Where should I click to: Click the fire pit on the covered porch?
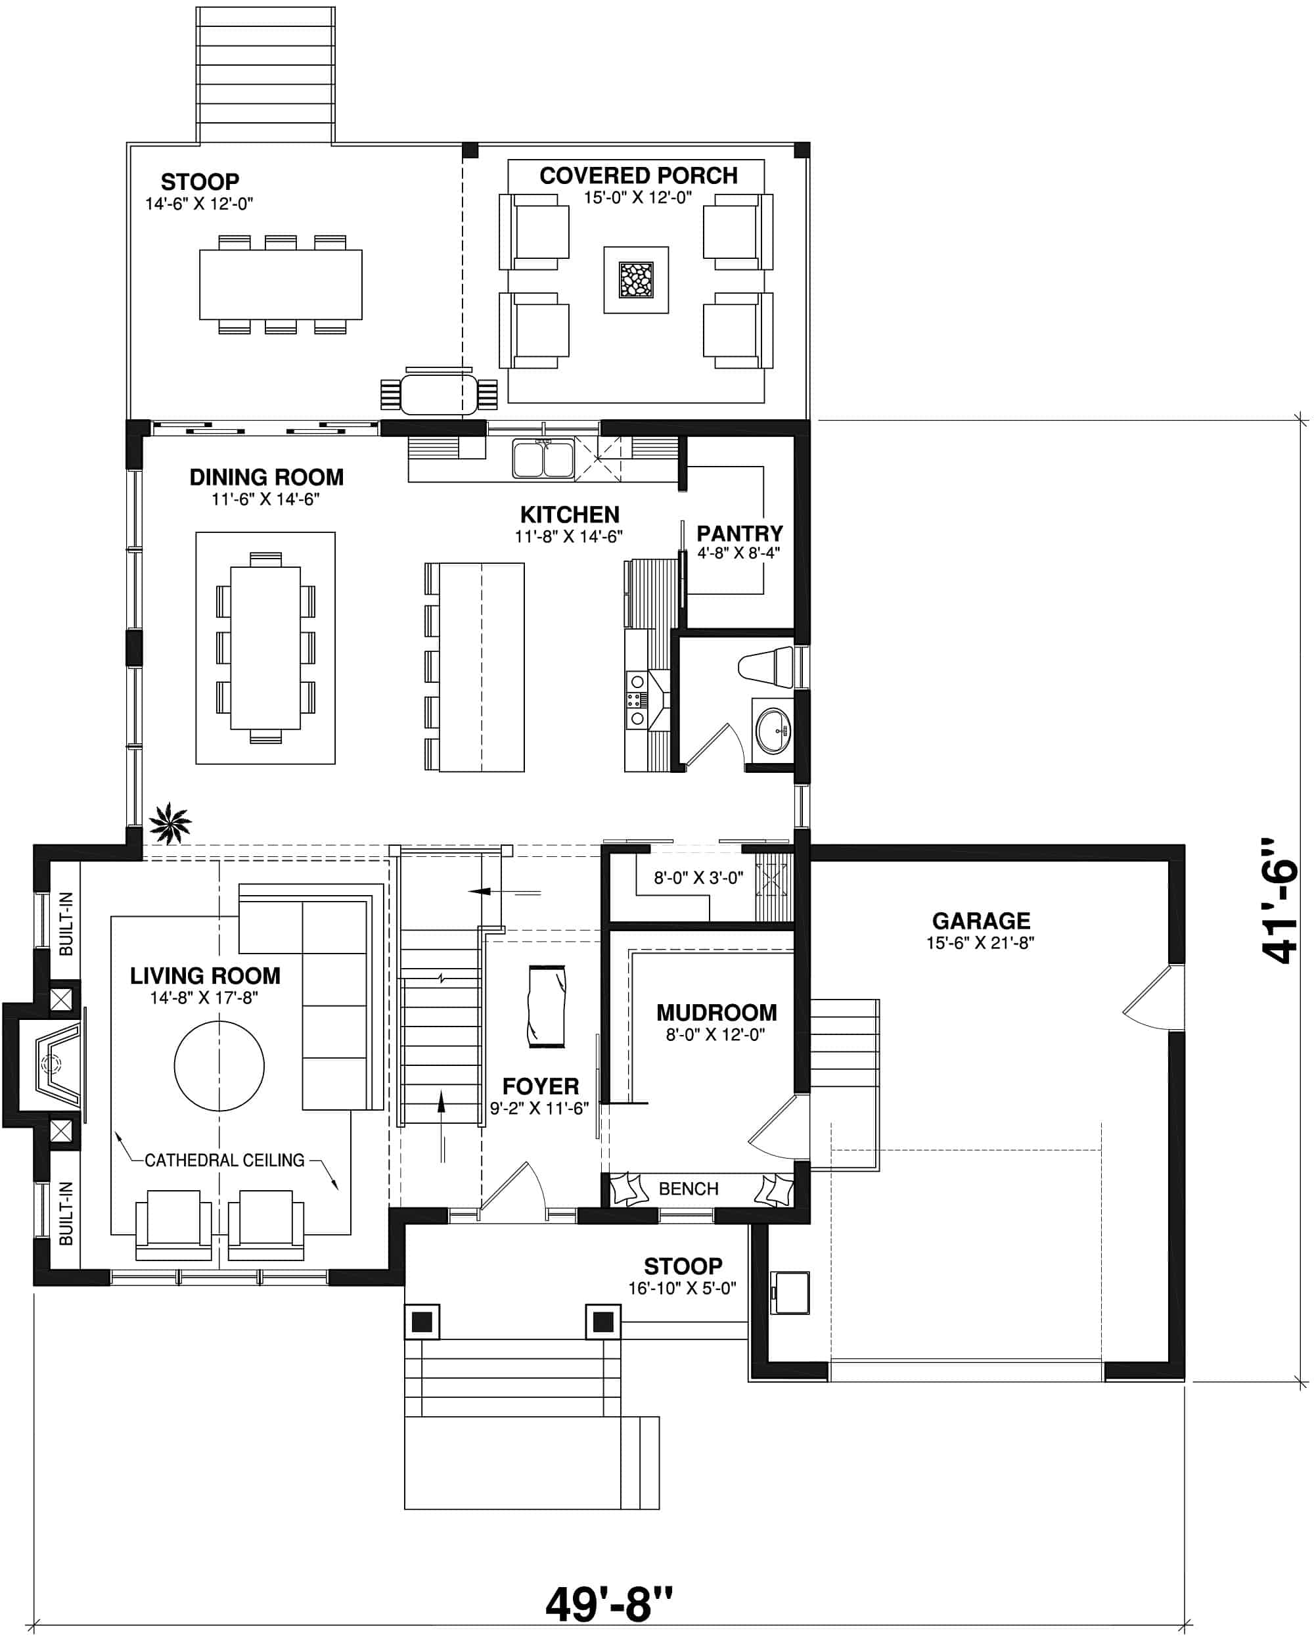pyautogui.click(x=636, y=279)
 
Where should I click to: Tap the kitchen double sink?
pyautogui.click(x=543, y=459)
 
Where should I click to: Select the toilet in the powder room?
pyautogui.click(x=766, y=666)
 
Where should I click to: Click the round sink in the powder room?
pyautogui.click(x=773, y=731)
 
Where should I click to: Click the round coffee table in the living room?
pyautogui.click(x=219, y=1066)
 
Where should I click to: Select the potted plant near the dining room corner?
pyautogui.click(x=169, y=823)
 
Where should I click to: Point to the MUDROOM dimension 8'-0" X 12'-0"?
pyautogui.click(x=714, y=1034)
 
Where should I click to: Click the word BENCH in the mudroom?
pyautogui.click(x=688, y=1188)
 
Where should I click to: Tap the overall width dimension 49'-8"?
pyautogui.click(x=609, y=1604)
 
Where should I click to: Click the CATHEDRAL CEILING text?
pyautogui.click(x=224, y=1160)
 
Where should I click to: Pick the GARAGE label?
pyautogui.click(x=980, y=921)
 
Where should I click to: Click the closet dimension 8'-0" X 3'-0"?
pyautogui.click(x=698, y=878)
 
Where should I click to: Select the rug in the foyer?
pyautogui.click(x=547, y=1007)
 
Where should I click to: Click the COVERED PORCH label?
pyautogui.click(x=638, y=175)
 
